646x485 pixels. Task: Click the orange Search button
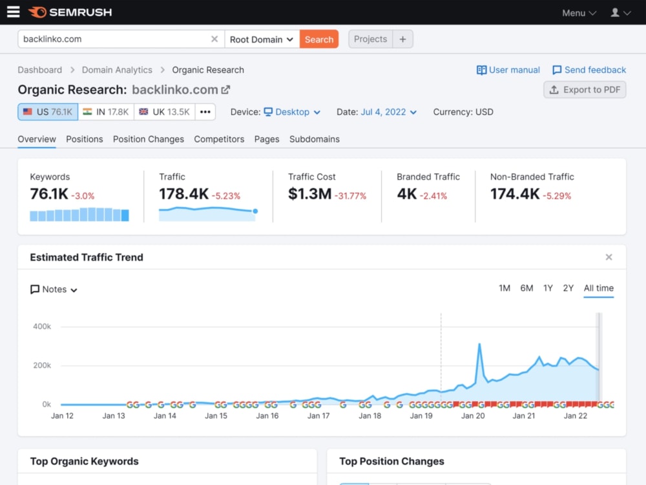pos(319,39)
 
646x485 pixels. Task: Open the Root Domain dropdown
pos(262,39)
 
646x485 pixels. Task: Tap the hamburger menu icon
pos(13,12)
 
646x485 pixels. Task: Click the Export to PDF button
pos(585,89)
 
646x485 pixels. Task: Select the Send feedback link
pos(589,70)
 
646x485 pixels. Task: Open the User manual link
pos(508,70)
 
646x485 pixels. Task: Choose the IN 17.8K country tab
pos(106,112)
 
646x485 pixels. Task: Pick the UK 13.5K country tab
pos(164,112)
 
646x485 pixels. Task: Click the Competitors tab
pos(219,139)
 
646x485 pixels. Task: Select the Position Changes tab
pos(149,139)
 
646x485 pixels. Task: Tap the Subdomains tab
pos(315,139)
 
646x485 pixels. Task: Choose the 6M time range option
pos(526,288)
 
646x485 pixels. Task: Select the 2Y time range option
pos(568,288)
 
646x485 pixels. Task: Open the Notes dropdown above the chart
pos(54,289)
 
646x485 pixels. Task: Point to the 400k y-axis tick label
pos(42,326)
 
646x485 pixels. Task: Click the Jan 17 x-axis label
pos(318,416)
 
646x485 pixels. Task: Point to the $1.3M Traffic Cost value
pos(310,193)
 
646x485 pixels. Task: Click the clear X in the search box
pos(214,39)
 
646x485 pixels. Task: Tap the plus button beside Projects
pos(402,39)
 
